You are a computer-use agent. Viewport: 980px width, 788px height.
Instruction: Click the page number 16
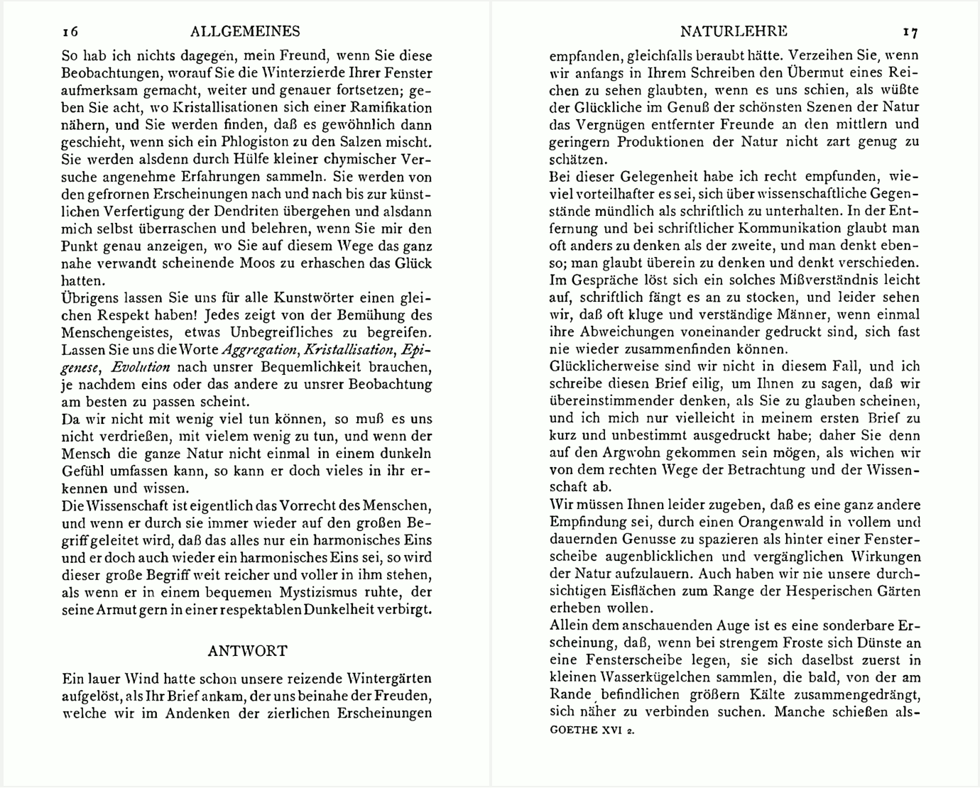(70, 31)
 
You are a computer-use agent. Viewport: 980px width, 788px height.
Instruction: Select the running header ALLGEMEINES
(246, 31)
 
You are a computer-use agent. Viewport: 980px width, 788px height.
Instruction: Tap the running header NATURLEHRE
(734, 31)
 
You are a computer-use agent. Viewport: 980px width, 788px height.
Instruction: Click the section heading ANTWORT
(247, 651)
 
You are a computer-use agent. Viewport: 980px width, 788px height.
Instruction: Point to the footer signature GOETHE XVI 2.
(592, 730)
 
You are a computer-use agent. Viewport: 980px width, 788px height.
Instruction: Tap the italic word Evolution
(141, 367)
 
